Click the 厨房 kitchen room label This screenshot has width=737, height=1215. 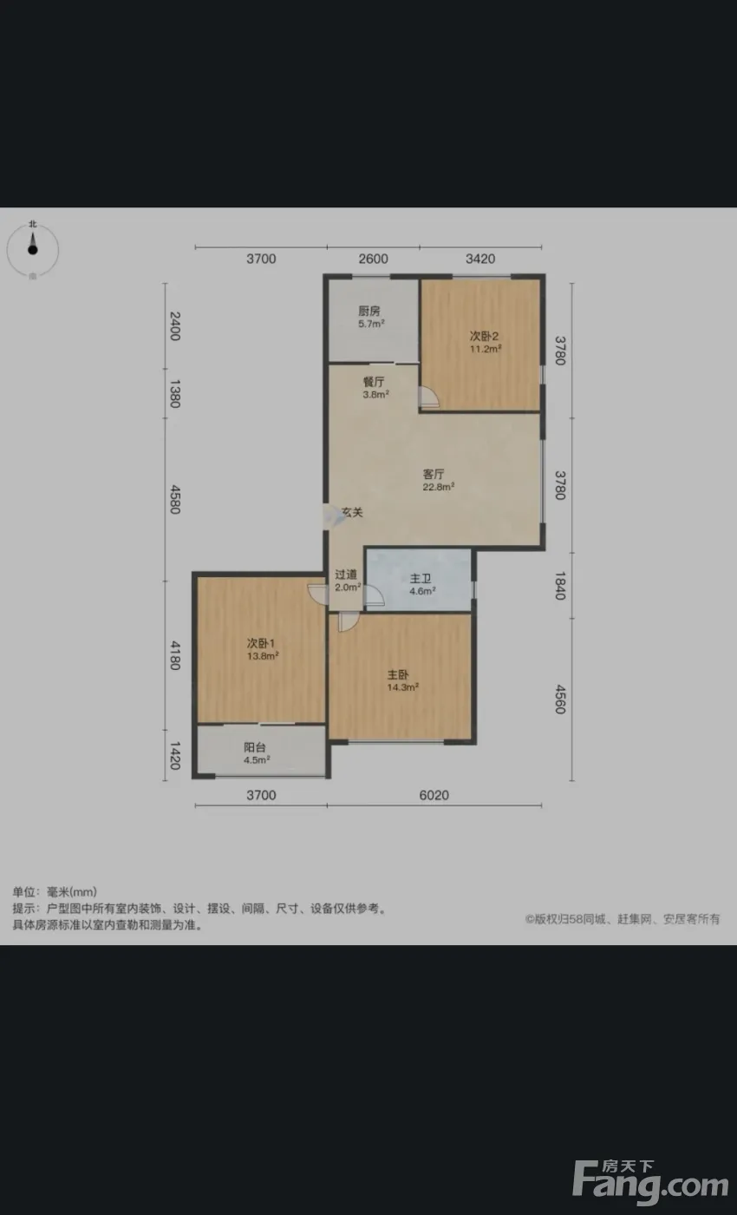click(369, 311)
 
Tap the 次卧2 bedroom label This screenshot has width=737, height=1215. click(484, 337)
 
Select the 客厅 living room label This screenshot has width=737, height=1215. click(434, 474)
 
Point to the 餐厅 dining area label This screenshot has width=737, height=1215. click(374, 382)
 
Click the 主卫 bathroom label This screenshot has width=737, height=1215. click(420, 579)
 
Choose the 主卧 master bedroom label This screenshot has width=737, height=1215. click(397, 675)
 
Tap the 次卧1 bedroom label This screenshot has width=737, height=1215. click(261, 643)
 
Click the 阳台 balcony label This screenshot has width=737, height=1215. click(254, 747)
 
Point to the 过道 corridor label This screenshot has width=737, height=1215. click(346, 575)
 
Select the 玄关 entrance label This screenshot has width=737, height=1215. click(352, 512)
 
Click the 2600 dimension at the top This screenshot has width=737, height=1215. click(374, 259)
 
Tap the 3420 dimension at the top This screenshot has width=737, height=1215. click(480, 259)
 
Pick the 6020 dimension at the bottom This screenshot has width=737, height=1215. click(434, 795)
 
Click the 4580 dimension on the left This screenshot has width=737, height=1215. click(175, 500)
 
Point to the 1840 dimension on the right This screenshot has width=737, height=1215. click(560, 586)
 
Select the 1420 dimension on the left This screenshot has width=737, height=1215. click(175, 756)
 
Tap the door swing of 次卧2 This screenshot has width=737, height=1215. click(429, 397)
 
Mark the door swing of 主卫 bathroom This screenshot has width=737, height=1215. click(375, 595)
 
